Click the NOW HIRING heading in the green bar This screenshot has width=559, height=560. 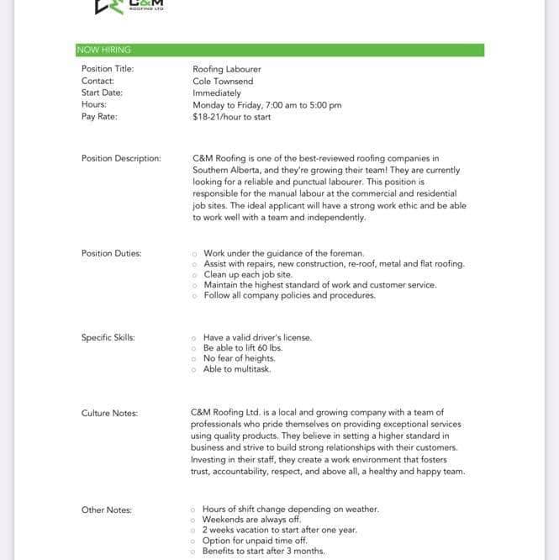click(x=103, y=50)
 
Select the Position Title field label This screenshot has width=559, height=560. click(x=108, y=69)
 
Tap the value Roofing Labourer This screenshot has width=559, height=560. click(x=227, y=69)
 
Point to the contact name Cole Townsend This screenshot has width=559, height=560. click(x=223, y=81)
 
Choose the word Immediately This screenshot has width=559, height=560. click(x=217, y=93)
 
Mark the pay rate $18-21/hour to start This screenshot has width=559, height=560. click(x=232, y=117)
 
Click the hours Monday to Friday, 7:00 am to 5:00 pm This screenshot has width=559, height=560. click(x=267, y=105)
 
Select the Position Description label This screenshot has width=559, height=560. click(x=121, y=158)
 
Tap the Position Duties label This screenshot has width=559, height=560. click(x=112, y=253)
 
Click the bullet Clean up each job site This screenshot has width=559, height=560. click(x=248, y=274)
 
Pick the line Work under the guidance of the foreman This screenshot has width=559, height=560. click(x=284, y=253)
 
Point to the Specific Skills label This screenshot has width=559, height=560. click(x=108, y=337)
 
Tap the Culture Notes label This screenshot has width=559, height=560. click(x=110, y=413)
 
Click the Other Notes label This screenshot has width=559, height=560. click(x=107, y=510)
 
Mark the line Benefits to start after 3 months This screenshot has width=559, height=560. click(x=263, y=552)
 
